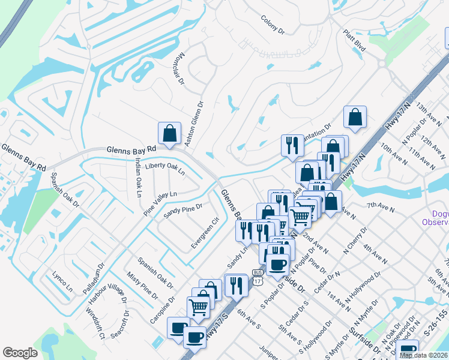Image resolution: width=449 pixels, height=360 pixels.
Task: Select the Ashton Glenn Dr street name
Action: [200, 119]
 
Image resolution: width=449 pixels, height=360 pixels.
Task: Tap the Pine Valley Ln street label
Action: [160, 203]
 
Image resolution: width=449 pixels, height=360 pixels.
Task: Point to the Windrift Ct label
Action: [95, 324]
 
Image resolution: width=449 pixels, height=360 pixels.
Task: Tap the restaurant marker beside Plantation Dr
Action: [292, 146]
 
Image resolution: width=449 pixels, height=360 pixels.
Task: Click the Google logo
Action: [20, 353]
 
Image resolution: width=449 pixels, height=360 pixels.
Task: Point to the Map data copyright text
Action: [424, 355]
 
